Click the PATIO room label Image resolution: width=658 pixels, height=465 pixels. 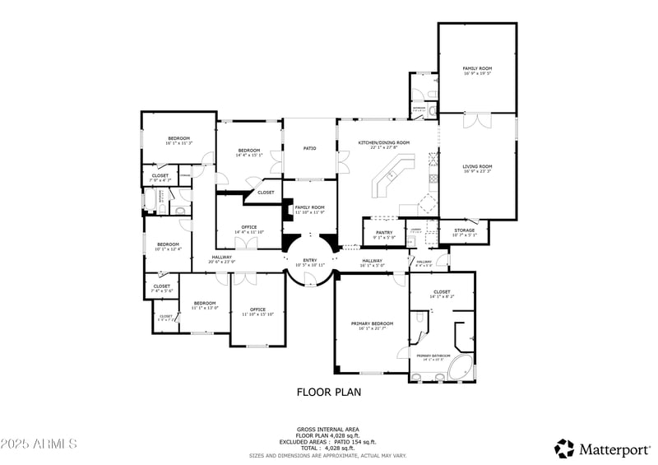pos(309,148)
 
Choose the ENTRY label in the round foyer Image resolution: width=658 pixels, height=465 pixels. pos(310,262)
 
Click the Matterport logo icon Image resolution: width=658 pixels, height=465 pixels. pos(564,449)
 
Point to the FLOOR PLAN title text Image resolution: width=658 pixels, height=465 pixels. pos(328,393)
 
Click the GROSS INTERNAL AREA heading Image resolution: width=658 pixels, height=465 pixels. pos(328,429)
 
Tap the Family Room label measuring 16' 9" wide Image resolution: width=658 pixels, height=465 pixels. pos(477,71)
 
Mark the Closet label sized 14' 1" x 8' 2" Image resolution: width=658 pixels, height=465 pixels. pos(442,293)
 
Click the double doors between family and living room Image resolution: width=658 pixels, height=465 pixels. pos(475,121)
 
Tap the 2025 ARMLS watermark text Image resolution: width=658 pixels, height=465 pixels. pos(39,444)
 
